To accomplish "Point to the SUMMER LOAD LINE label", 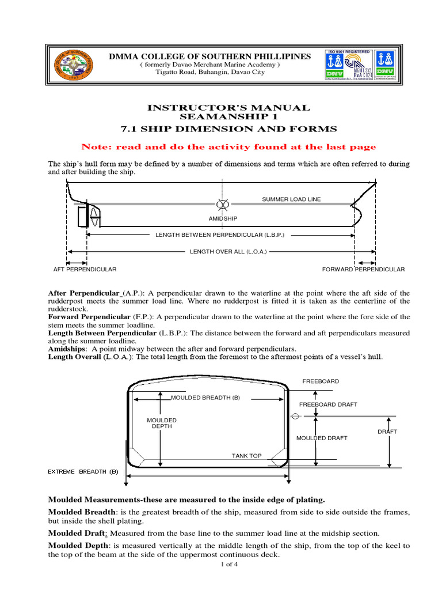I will (291, 199).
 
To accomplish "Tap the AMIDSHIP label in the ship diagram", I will (223, 219).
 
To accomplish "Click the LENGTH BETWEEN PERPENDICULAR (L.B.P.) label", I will (220, 235).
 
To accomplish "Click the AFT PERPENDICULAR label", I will (85, 269).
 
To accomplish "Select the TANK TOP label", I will (246, 456).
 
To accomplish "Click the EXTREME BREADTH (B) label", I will (82, 471).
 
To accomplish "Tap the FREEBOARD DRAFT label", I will (328, 404).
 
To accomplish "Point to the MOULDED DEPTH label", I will (162, 423).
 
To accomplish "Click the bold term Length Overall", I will (74, 357).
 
